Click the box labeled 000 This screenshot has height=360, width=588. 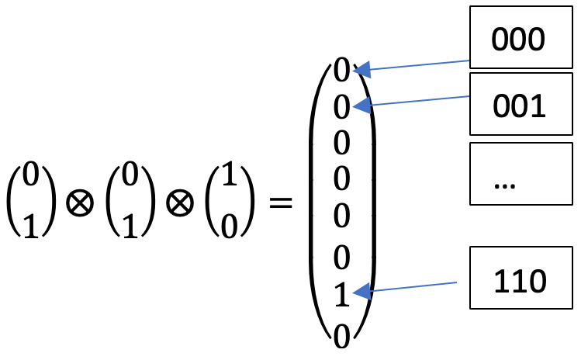pyautogui.click(x=521, y=40)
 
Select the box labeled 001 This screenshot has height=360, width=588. pyautogui.click(x=521, y=107)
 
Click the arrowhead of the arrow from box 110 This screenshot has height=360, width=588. pyautogui.click(x=361, y=292)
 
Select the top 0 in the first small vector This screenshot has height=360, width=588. pyautogui.click(x=30, y=178)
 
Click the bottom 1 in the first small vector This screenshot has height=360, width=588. pyautogui.click(x=30, y=224)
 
